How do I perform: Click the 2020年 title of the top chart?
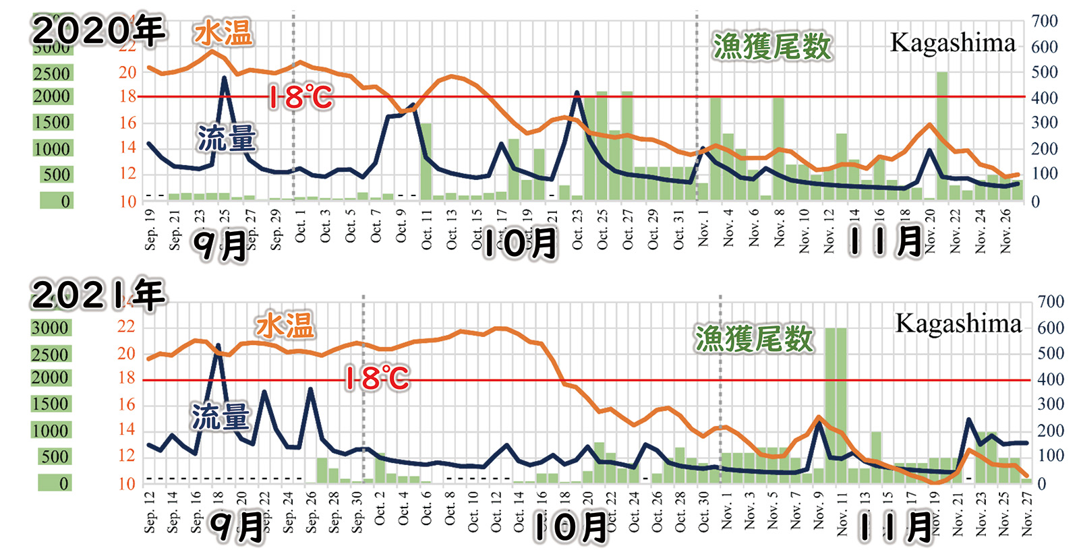point(98,31)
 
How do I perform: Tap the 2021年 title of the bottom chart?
point(98,295)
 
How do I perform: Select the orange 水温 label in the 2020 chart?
point(223,33)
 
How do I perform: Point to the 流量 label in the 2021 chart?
point(220,417)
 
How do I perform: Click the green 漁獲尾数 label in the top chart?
point(772,47)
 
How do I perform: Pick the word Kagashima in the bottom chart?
point(958,324)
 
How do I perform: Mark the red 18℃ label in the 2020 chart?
point(301,98)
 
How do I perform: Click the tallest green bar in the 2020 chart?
point(942,135)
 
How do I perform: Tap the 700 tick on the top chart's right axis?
point(1044,21)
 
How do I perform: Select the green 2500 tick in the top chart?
point(52,73)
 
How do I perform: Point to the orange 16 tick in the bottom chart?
point(127,404)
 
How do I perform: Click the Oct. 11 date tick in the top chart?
point(427,230)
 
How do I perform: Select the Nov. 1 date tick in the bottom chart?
point(727,514)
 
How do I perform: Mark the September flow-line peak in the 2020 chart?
point(225,78)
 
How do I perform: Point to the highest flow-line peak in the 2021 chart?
point(217,346)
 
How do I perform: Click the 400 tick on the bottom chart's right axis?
point(1051,379)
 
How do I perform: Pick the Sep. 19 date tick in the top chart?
point(150,229)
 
